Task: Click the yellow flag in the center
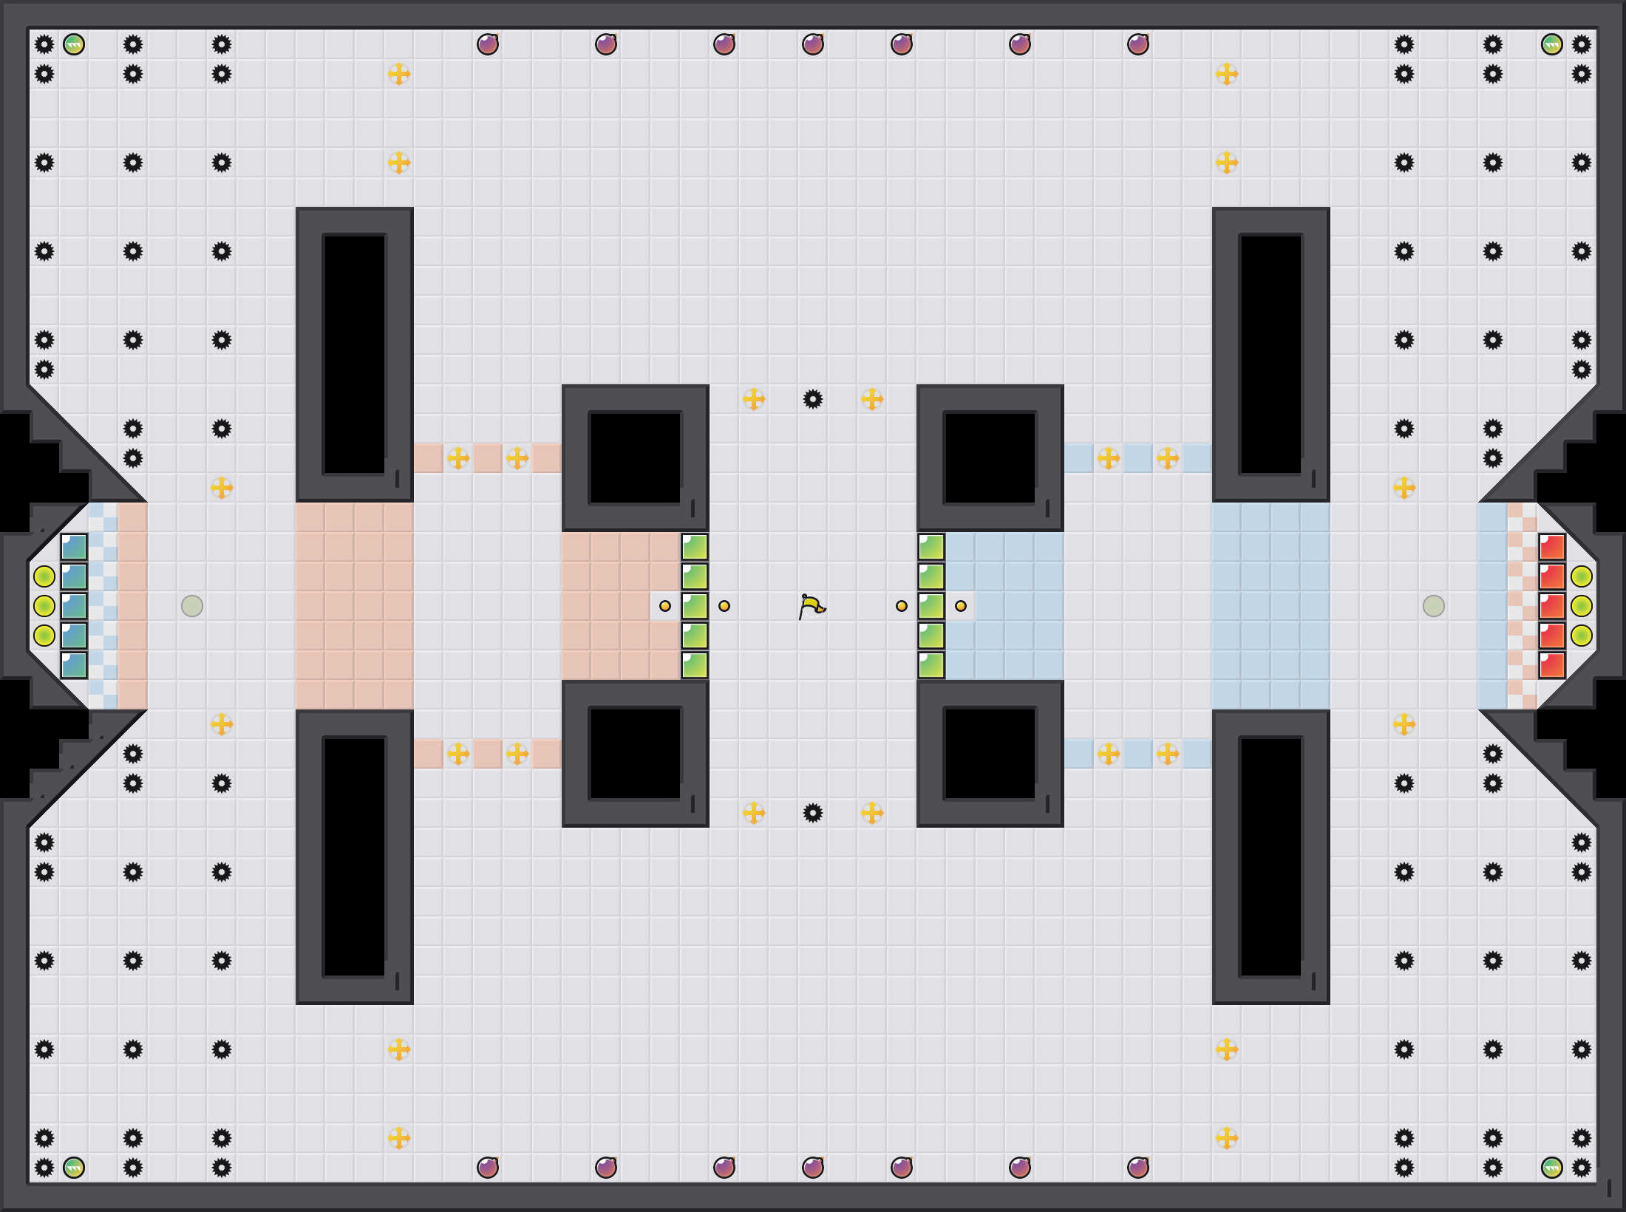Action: click(x=812, y=606)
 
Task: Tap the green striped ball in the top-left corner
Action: click(x=74, y=44)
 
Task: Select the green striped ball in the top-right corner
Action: click(x=1552, y=44)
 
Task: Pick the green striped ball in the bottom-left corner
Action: click(x=74, y=1168)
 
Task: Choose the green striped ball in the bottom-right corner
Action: click(x=1552, y=1168)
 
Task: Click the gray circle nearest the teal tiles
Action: click(x=192, y=606)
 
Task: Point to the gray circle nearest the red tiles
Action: click(x=1434, y=606)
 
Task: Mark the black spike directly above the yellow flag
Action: click(x=813, y=399)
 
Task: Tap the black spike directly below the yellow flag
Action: click(x=813, y=813)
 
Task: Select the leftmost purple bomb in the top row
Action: click(x=488, y=44)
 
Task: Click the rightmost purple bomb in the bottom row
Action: click(x=1138, y=1168)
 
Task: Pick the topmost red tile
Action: click(x=1552, y=547)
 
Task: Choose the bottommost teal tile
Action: click(x=74, y=665)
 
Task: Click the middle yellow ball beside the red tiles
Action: click(x=1582, y=606)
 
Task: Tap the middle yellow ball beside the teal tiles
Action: click(x=44, y=606)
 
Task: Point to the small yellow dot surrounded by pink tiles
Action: click(x=665, y=606)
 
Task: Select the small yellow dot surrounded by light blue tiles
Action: click(x=961, y=606)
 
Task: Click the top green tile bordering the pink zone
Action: click(x=695, y=547)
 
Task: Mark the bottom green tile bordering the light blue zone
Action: click(x=931, y=665)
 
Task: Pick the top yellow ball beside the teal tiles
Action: click(x=44, y=576)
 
